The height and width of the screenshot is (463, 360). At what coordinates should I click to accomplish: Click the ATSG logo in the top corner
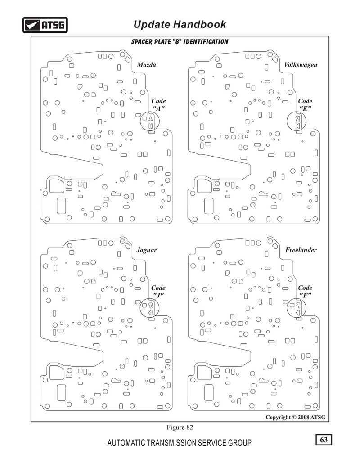45,25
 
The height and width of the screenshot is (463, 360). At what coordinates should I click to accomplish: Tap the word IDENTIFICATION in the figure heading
206,42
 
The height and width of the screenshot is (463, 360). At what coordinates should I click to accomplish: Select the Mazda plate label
147,65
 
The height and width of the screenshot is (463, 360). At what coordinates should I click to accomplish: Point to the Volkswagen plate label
301,65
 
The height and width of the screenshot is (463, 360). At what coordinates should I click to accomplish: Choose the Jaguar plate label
147,250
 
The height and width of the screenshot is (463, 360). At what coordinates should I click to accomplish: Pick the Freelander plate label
301,250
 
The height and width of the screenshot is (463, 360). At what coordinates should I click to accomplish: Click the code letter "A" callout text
158,104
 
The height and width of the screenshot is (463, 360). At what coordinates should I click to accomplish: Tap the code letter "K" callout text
305,104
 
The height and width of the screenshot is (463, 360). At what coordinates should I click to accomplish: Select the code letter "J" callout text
158,291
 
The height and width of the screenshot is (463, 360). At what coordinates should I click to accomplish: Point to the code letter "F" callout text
305,291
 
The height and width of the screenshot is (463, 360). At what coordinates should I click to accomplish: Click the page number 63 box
324,440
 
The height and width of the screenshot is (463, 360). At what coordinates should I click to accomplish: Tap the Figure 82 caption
180,427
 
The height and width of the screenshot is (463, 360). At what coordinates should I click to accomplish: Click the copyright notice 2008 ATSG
295,417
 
